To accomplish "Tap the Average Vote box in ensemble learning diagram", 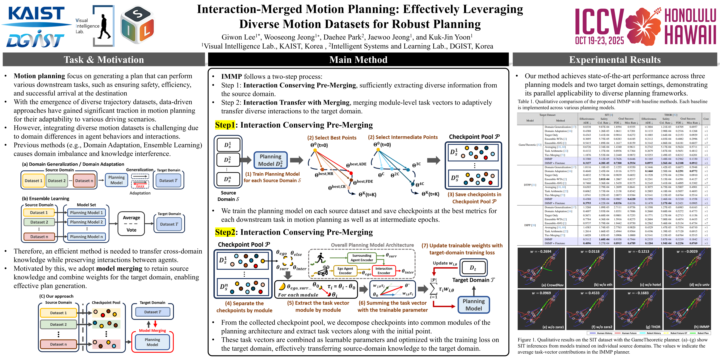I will pyautogui.click(x=131, y=224).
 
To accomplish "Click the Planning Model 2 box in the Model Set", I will pyautogui.click(x=86, y=222).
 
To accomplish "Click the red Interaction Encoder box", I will pyautogui.click(x=384, y=271).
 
